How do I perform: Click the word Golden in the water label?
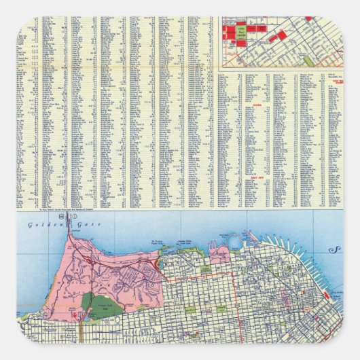click(39, 225)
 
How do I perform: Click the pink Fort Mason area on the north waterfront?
click(219, 255)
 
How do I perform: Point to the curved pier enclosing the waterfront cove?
click(234, 239)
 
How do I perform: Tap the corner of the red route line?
click(233, 274)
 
